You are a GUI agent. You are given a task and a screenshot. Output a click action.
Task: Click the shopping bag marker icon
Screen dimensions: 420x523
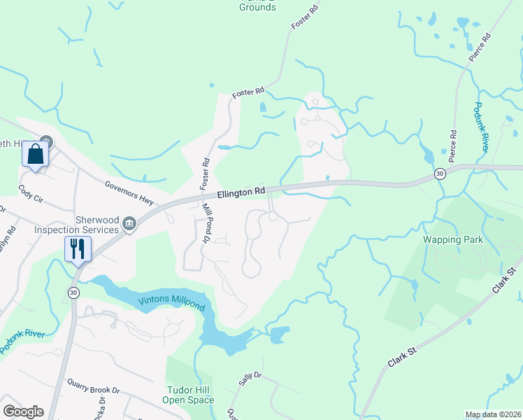[36, 155]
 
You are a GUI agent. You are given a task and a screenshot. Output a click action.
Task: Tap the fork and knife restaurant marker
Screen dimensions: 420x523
[78, 248]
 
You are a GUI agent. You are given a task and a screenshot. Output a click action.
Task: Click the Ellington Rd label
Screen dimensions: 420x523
[241, 191]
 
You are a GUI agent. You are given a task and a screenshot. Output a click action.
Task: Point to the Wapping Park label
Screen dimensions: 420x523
[453, 239]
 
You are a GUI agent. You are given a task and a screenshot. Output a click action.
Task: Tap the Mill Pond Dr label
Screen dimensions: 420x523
[207, 223]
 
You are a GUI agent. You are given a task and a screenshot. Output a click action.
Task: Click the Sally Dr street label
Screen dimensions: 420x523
[249, 379]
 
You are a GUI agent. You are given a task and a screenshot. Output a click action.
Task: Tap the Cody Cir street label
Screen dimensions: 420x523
[31, 193]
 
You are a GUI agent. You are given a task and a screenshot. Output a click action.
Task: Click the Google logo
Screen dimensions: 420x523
[23, 412]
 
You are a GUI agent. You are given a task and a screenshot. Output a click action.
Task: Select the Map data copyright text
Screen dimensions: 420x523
[493, 414]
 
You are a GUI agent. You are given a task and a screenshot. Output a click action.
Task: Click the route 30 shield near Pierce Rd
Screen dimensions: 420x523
[439, 174]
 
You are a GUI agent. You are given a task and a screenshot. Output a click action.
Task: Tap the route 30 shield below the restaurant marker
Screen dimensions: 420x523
[73, 291]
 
